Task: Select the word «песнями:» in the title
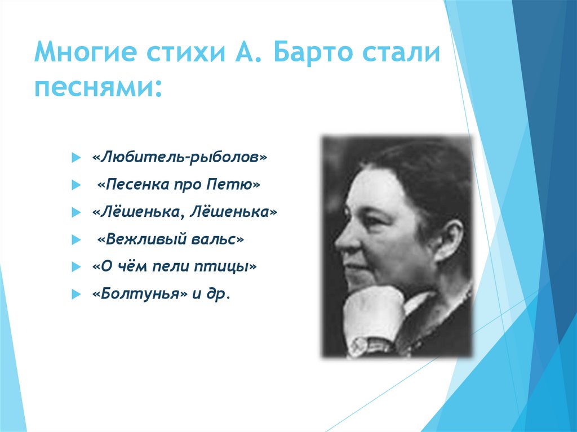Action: click(100, 90)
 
